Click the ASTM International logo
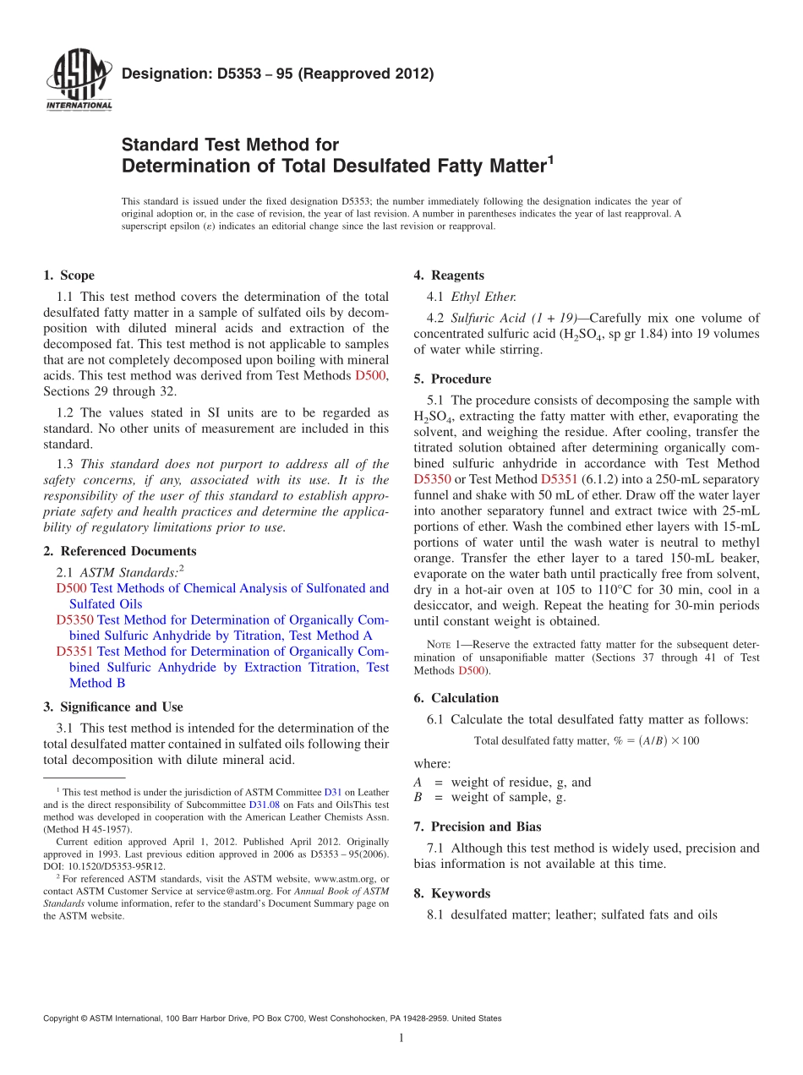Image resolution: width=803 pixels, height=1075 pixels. click(x=78, y=80)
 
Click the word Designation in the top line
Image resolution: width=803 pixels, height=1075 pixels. click(x=160, y=74)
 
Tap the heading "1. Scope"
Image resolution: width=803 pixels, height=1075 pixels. click(x=68, y=276)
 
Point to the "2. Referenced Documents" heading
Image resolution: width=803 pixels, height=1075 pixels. click(x=119, y=551)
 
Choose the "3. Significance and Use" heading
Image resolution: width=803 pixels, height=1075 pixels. click(x=112, y=707)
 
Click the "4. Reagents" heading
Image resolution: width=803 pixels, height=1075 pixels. click(x=449, y=276)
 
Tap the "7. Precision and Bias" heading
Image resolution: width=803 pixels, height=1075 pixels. click(x=478, y=827)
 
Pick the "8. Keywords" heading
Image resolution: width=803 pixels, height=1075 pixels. click(x=451, y=893)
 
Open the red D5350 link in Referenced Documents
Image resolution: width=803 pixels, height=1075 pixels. click(x=74, y=619)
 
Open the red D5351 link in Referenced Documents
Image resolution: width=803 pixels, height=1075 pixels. click(x=74, y=652)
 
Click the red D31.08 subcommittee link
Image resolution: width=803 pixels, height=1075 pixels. click(x=264, y=805)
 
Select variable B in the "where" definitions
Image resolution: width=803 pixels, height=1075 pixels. click(x=418, y=797)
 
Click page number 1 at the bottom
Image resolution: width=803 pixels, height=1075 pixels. click(x=401, y=1039)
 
